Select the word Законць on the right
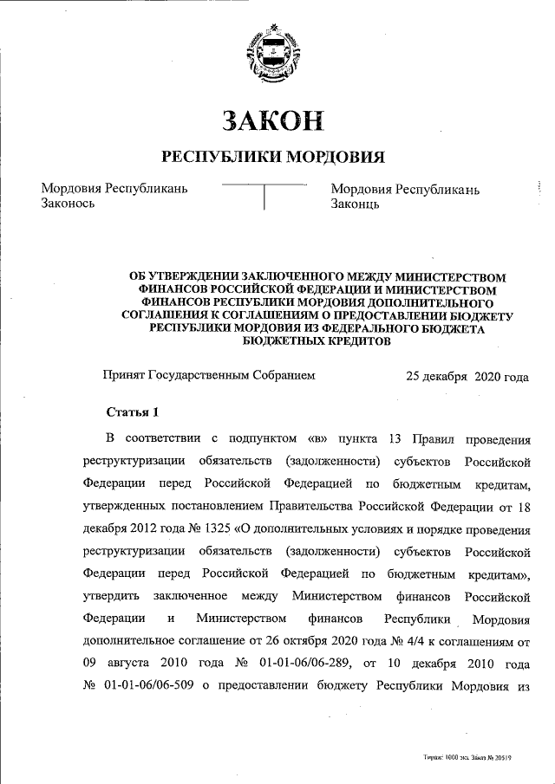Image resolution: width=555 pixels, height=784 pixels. tap(355, 204)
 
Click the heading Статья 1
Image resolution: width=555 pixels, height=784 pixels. tap(132, 411)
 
